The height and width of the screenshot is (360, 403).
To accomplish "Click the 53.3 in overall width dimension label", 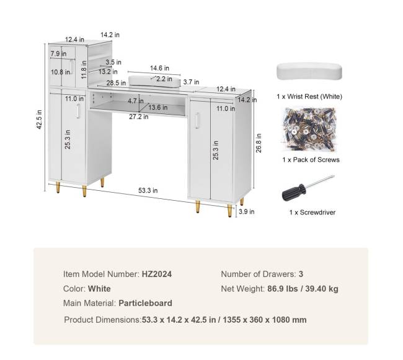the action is coord(148,190).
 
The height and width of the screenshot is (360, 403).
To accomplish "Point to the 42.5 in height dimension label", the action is coord(39,120).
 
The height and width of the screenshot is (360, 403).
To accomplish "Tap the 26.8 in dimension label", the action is coord(259,143).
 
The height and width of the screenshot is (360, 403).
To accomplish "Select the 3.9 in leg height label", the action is coord(247,211).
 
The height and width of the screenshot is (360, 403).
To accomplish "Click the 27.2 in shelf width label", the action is coord(138,116).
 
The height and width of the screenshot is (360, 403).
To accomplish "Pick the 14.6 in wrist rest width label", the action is coord(159,68).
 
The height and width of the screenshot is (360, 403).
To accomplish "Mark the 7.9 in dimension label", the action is coord(58,54).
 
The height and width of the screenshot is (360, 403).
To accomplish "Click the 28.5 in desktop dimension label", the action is coord(116,83).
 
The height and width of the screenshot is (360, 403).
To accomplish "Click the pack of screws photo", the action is coord(309,130).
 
